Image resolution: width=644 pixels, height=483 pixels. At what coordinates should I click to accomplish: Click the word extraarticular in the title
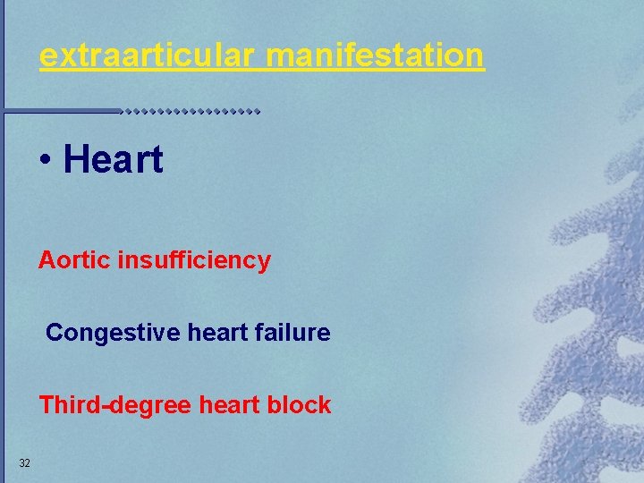point(148,56)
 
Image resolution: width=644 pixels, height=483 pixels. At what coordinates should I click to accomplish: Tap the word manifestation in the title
point(376,56)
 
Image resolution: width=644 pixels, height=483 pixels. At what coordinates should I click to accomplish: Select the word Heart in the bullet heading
point(114,160)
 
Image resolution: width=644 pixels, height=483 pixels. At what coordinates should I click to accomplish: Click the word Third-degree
point(114,405)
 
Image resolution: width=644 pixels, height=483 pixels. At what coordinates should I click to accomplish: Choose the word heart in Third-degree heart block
point(228,405)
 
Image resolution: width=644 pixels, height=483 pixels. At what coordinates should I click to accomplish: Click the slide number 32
point(24,462)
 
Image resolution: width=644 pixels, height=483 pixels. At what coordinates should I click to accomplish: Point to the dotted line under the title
point(191,112)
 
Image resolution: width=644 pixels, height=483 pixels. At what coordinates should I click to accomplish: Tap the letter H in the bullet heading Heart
point(75,160)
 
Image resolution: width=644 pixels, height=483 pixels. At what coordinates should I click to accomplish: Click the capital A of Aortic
point(46,261)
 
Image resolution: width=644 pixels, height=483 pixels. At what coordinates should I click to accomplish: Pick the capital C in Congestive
point(54,334)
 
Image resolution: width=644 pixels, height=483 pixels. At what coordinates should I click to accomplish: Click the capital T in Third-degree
point(45,405)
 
